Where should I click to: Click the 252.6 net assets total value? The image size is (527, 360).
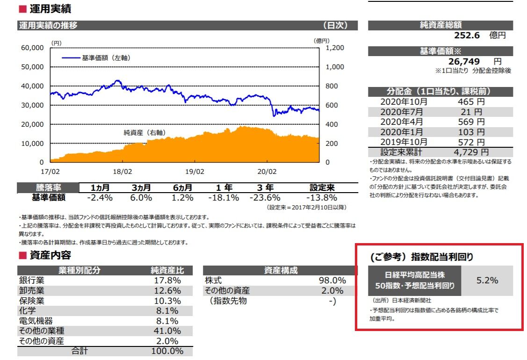(x=467, y=35)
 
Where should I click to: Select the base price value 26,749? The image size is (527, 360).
(x=462, y=61)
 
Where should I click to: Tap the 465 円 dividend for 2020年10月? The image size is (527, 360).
(x=471, y=101)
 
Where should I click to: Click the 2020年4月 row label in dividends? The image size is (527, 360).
(x=402, y=122)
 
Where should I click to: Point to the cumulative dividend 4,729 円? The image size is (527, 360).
(x=471, y=152)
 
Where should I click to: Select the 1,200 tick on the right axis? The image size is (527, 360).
(x=334, y=48)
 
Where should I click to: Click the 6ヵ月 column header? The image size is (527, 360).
(x=182, y=187)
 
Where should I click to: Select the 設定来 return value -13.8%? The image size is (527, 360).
(x=322, y=198)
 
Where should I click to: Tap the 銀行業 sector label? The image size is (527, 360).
(x=32, y=281)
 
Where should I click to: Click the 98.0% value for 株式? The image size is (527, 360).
(x=332, y=281)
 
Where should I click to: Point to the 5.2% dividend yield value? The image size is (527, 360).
(x=487, y=281)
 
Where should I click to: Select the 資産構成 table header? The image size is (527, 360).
(x=281, y=270)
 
